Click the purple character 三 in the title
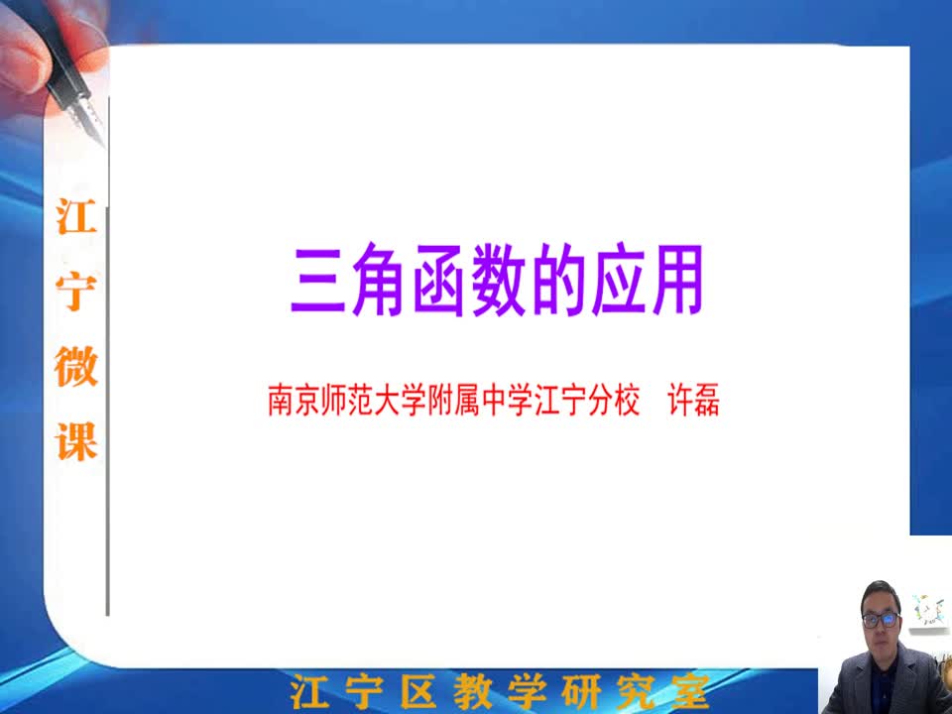319,281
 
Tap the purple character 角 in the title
379,280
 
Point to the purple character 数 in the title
499,280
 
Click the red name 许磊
693,400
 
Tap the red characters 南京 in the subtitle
294,400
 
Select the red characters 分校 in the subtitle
614,400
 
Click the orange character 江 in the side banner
76,216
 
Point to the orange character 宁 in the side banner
76,292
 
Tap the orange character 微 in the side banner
76,367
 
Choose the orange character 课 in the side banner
76,441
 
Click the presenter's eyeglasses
882,619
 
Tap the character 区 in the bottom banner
418,691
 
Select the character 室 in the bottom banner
690,691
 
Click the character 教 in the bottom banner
473,691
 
